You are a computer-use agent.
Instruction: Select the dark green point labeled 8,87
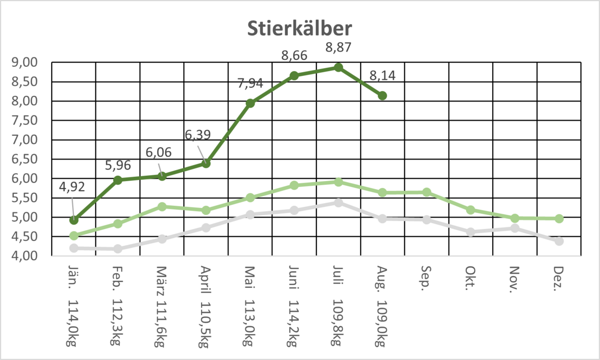(338, 67)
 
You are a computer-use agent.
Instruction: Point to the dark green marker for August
(383, 96)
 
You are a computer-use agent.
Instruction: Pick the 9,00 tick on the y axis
(25, 63)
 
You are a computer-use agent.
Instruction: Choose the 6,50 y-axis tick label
(25, 159)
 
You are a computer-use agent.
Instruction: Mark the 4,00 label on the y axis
(25, 256)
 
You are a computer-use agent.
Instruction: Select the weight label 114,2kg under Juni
(293, 321)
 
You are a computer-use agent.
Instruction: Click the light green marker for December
(559, 218)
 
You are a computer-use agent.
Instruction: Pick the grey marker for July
(338, 203)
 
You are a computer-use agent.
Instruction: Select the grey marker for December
(559, 241)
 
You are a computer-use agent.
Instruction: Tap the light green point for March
(162, 207)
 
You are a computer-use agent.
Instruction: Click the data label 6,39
(198, 135)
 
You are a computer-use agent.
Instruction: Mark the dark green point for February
(118, 180)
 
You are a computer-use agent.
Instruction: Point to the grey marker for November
(515, 228)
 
